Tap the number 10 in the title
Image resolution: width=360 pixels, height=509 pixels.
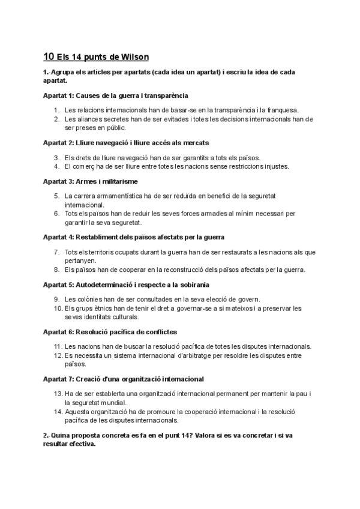[x=49, y=58]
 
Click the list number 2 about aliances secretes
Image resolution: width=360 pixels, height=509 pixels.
[x=56, y=119]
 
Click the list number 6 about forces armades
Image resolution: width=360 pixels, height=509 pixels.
[x=56, y=214]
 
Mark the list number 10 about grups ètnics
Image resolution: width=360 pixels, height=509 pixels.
[x=57, y=308]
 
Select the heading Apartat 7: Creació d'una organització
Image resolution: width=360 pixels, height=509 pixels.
[x=124, y=379]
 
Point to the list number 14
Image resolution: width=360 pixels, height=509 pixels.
[x=58, y=411]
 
